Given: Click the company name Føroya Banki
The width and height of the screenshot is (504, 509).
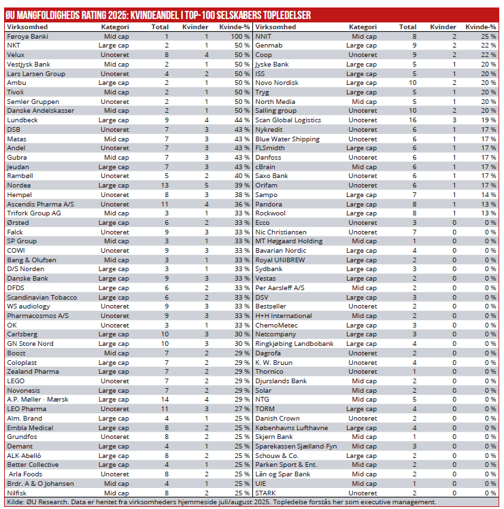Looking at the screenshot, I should click(27, 36).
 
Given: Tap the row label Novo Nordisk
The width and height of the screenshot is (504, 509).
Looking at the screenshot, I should click(277, 83).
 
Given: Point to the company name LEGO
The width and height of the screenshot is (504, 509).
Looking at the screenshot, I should click(16, 381).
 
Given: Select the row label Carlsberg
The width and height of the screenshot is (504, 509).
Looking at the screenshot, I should click(22, 334).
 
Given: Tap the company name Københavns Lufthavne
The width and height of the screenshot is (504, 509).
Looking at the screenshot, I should click(291, 427).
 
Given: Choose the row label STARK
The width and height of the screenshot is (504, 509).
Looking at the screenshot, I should click(265, 493).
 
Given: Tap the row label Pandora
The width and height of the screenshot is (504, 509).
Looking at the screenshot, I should click(269, 204).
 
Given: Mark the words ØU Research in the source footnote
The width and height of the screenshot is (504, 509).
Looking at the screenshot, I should click(44, 502).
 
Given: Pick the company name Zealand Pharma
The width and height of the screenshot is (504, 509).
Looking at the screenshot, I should click(33, 372).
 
